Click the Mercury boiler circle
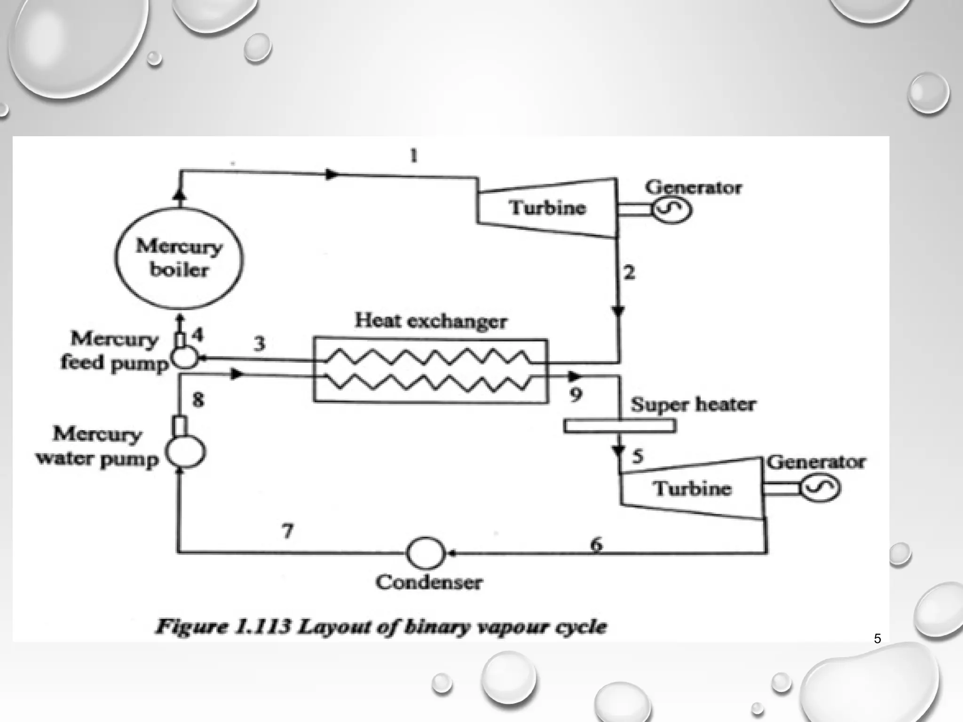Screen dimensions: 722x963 (179, 258)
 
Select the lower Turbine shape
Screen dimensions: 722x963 (692, 488)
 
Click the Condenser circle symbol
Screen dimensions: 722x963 (425, 553)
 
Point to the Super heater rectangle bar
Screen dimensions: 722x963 (620, 426)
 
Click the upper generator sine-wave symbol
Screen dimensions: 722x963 (671, 210)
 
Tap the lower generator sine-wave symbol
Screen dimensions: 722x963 (820, 489)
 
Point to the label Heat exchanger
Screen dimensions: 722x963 (431, 321)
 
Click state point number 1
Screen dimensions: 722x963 (414, 155)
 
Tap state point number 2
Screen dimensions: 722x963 (629, 272)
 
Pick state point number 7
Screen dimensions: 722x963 (288, 531)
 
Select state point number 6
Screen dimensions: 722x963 (596, 544)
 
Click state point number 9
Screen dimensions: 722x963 (576, 394)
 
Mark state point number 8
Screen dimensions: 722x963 (198, 400)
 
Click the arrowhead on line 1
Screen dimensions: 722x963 (332, 174)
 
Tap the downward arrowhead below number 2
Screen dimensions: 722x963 (618, 311)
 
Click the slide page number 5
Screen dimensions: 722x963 (877, 639)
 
